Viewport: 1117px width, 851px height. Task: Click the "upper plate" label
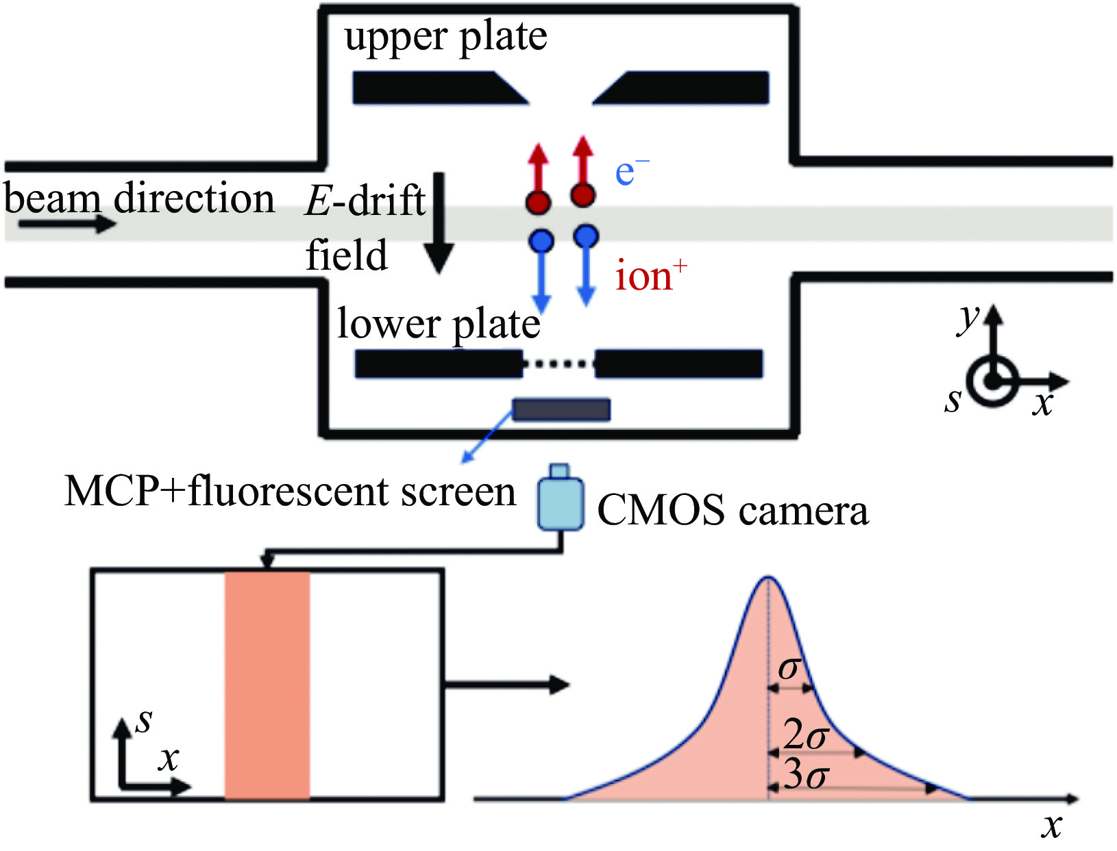445,38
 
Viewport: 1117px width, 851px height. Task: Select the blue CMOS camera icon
561,503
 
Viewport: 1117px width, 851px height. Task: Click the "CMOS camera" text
733,510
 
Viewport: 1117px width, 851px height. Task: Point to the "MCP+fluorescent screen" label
290,492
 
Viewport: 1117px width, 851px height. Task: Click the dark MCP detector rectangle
561,409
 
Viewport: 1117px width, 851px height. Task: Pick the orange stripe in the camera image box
267,685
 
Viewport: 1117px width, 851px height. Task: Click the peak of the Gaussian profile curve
768,579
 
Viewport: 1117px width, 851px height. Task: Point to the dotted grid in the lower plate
559,364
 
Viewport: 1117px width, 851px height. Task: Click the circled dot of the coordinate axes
991,382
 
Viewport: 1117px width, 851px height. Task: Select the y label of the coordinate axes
968,318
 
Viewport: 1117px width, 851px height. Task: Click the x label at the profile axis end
1051,826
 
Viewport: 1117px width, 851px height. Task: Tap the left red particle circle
539,202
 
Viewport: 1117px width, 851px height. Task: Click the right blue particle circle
585,237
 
